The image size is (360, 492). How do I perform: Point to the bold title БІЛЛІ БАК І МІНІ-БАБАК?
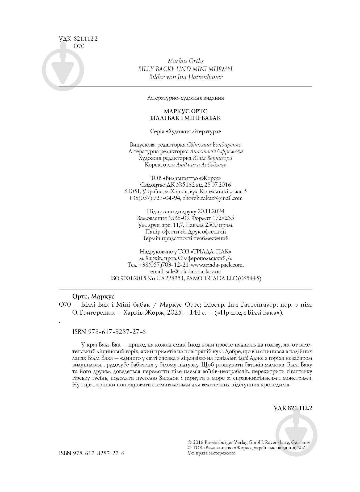(185, 118)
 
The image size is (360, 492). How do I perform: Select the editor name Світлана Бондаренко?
(214, 145)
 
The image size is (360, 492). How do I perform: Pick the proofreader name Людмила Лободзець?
(201, 165)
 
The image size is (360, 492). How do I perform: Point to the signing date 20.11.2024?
(211, 211)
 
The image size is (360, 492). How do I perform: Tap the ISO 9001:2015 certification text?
(128, 278)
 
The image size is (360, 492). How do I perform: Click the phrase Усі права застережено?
(211, 453)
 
